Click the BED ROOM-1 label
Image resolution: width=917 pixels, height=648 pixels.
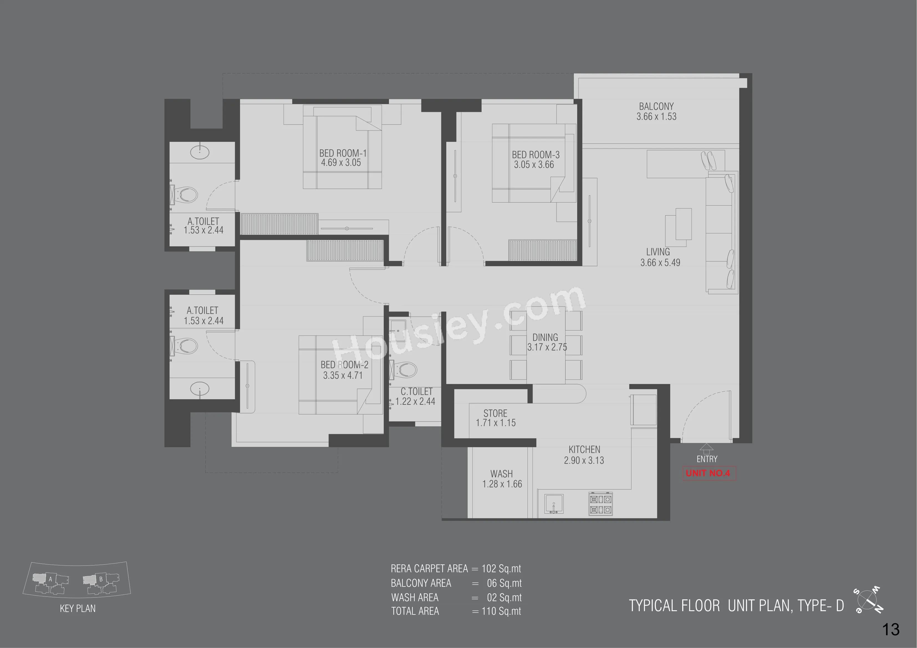pos(343,153)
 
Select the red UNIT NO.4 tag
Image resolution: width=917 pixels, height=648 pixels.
pos(708,473)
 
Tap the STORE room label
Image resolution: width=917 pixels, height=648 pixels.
pos(495,413)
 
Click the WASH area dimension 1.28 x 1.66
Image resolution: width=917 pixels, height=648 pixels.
pos(502,484)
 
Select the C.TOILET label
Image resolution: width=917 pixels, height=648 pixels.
pos(417,392)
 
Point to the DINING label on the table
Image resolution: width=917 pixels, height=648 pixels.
pos(545,337)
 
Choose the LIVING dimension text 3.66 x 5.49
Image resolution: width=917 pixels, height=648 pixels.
pos(660,263)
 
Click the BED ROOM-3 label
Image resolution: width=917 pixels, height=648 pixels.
pos(536,155)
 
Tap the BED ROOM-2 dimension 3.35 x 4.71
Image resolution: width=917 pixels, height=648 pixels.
pos(343,375)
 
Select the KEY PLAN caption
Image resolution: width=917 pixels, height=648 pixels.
pos(78,608)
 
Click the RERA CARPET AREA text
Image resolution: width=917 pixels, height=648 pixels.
pos(429,568)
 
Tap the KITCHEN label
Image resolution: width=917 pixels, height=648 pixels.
pos(584,450)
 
